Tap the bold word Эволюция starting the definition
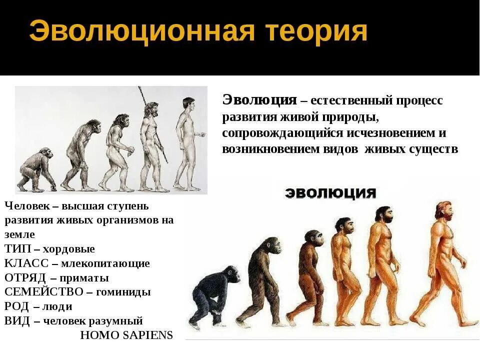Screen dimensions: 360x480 click(259, 99)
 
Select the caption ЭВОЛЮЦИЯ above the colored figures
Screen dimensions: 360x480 click(330, 193)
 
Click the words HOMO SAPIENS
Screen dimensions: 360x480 click(126, 335)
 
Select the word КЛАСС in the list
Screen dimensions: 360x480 click(26, 263)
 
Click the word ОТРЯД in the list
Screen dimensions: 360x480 click(25, 278)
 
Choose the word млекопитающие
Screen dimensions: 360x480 click(105, 263)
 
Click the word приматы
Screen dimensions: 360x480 click(84, 278)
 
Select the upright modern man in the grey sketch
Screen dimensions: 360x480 click(187, 142)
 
